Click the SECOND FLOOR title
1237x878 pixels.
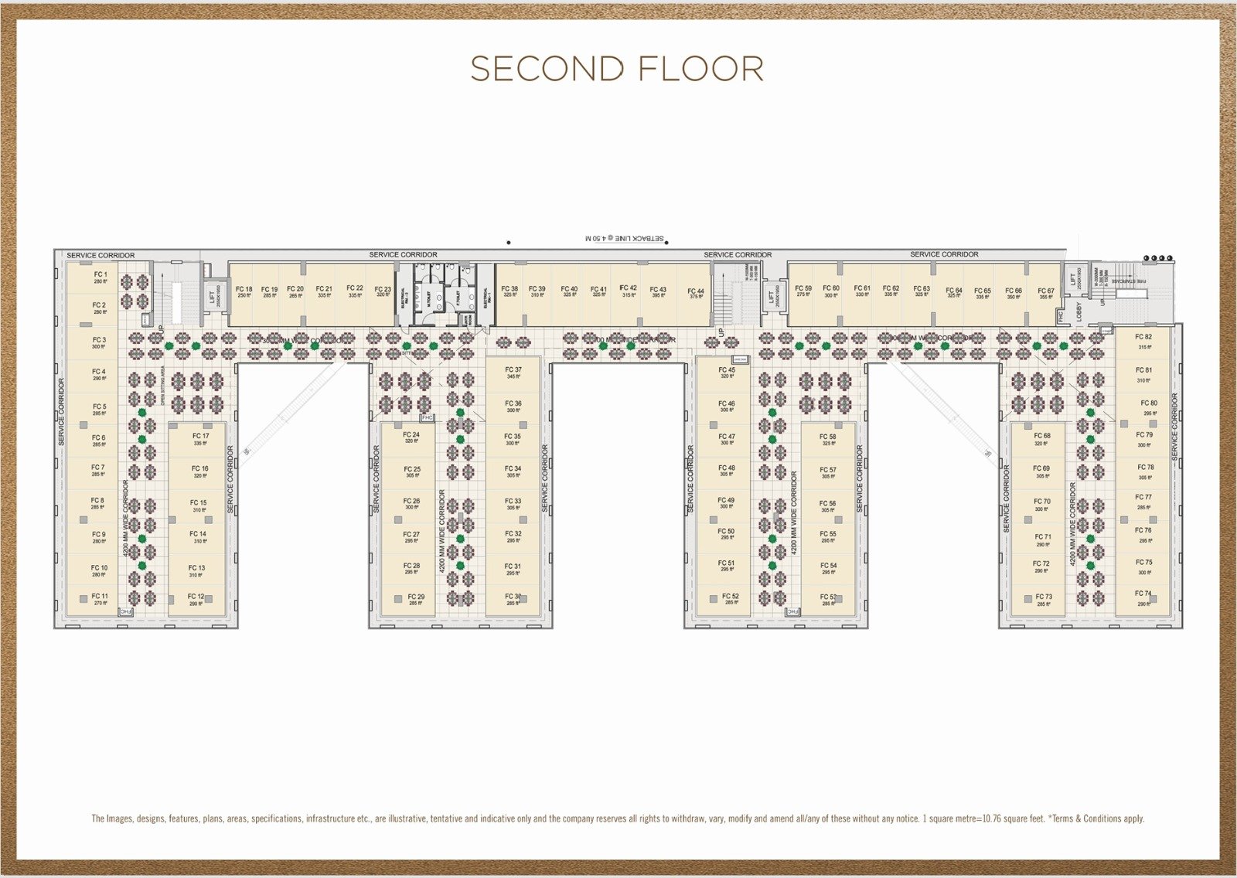click(617, 69)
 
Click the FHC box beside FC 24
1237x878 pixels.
click(428, 417)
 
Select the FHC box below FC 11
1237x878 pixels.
click(126, 611)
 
